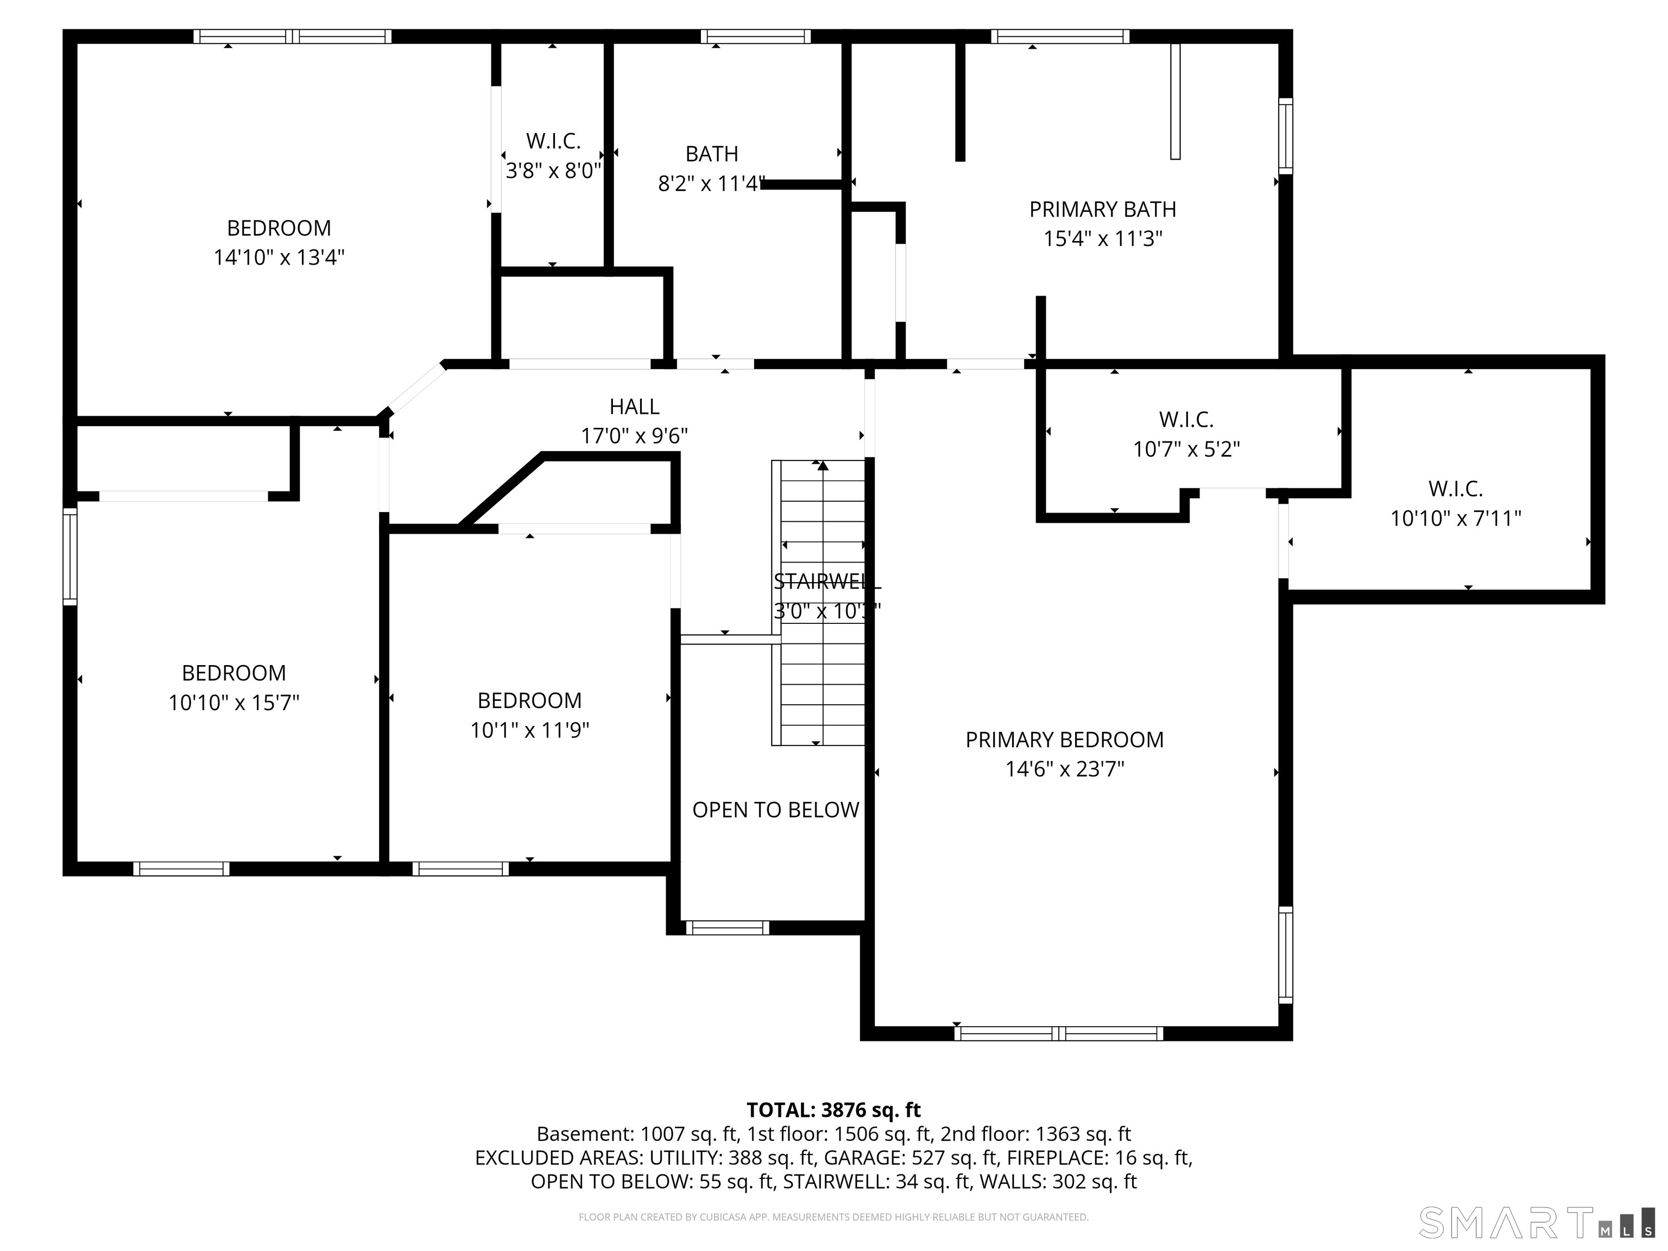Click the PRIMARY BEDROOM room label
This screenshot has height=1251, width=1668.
(x=1064, y=740)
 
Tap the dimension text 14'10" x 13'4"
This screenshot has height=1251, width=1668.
(x=279, y=258)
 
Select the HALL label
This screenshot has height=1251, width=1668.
(x=634, y=407)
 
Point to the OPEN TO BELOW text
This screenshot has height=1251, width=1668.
(x=775, y=810)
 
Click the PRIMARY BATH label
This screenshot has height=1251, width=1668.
(x=1102, y=210)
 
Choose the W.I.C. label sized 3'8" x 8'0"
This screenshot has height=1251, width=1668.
(x=553, y=141)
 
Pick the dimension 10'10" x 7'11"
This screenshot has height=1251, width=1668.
(x=1455, y=519)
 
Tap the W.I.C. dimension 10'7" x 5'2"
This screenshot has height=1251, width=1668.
(x=1186, y=450)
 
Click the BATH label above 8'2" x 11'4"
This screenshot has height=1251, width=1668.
(x=711, y=154)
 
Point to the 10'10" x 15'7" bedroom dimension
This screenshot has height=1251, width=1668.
(x=234, y=703)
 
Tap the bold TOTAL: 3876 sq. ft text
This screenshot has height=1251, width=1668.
(x=833, y=1110)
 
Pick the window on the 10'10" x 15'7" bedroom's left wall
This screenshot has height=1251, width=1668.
(x=69, y=557)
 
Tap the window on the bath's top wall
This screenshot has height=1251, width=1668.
(x=755, y=36)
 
